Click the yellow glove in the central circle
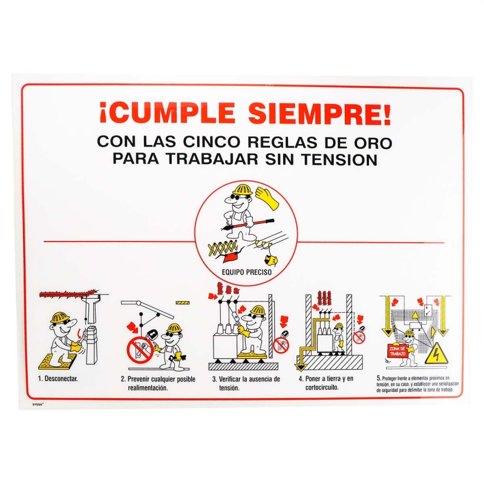point(266,198)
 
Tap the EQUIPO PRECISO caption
point(246,272)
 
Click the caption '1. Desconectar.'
point(58,379)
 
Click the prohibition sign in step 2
point(139,349)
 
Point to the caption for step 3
point(246,383)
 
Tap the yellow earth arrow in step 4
point(299,366)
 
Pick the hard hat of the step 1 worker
point(59,318)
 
